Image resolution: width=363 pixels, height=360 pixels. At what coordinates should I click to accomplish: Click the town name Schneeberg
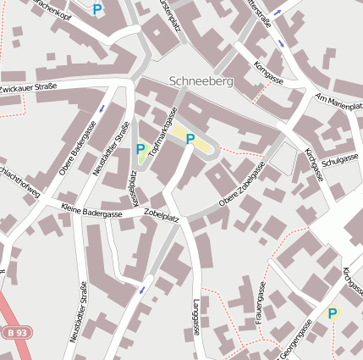(x=201, y=81)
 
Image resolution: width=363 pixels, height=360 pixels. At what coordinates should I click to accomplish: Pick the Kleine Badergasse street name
(x=91, y=210)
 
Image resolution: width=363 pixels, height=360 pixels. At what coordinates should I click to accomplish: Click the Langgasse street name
(x=196, y=318)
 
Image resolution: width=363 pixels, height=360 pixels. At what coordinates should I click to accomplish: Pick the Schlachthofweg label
(x=19, y=179)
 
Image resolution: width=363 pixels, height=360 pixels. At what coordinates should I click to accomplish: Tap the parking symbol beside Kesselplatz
(x=140, y=149)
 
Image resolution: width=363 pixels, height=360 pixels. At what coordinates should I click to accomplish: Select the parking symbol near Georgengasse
(x=332, y=313)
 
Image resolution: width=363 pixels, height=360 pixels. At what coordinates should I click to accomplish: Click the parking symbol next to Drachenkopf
(x=97, y=10)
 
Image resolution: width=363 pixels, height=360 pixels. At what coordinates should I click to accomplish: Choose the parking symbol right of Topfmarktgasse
(x=190, y=139)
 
